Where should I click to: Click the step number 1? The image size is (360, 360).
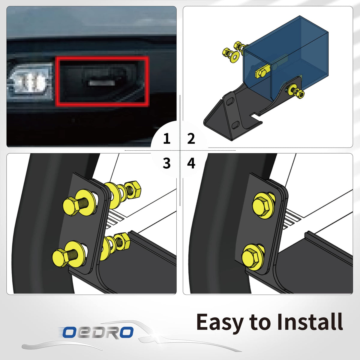pyautogui.click(x=166, y=139)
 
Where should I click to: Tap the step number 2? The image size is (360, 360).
pyautogui.click(x=191, y=139)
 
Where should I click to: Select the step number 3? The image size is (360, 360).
pyautogui.click(x=166, y=163)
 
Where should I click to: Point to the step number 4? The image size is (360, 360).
pyautogui.click(x=191, y=163)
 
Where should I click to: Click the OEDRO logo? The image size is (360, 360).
pyautogui.click(x=98, y=332)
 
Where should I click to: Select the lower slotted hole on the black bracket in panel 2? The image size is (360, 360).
pyautogui.click(x=236, y=124)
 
